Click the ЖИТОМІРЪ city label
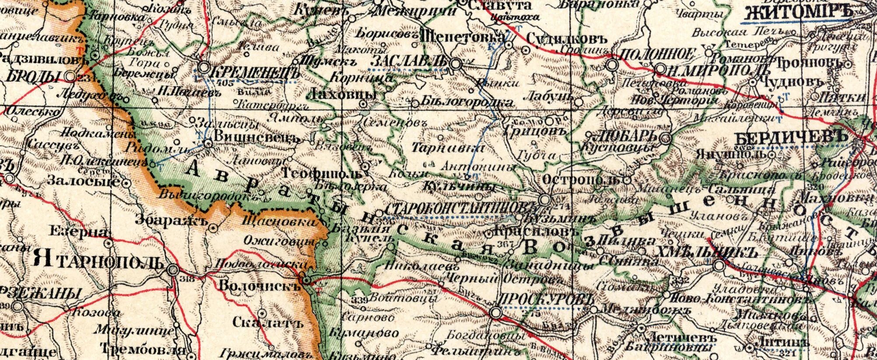(x=797, y=13)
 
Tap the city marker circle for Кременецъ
(x=204, y=68)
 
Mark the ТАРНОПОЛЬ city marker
(x=174, y=269)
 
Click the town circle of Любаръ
(x=665, y=139)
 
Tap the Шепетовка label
(x=462, y=36)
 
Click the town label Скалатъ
(x=267, y=323)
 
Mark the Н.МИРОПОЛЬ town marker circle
(x=660, y=69)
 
